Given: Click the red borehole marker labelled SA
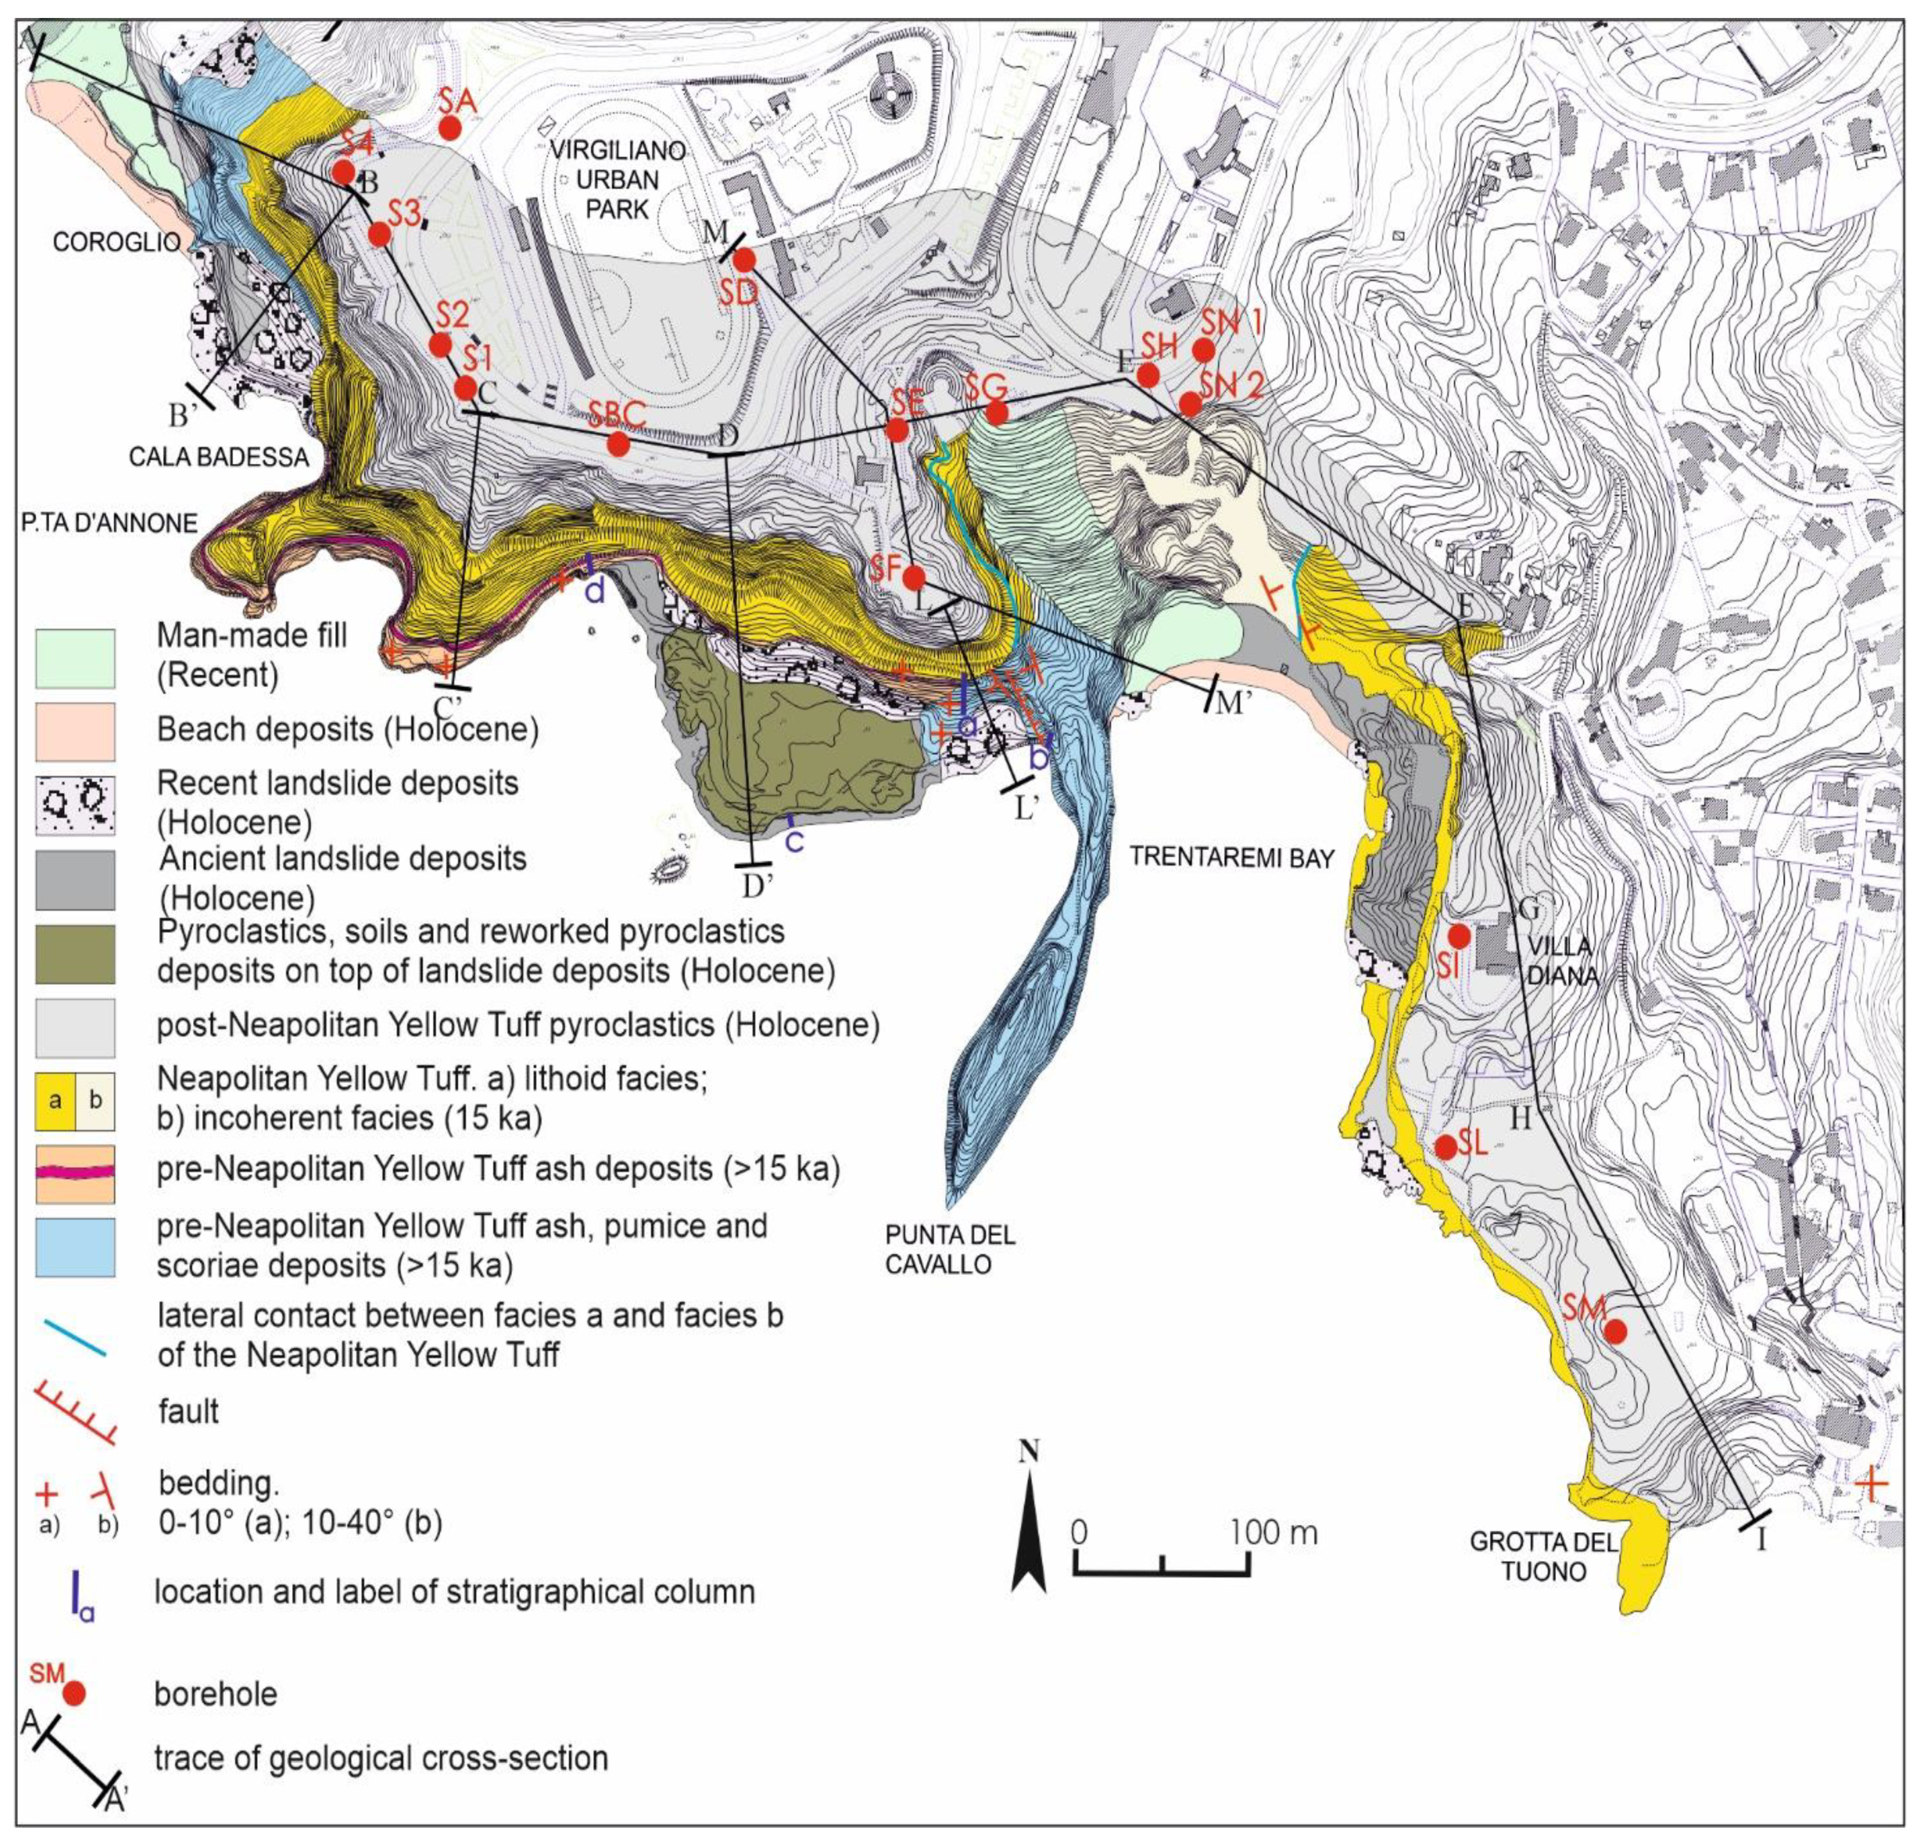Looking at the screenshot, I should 450,128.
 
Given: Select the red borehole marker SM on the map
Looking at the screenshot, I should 1614,1331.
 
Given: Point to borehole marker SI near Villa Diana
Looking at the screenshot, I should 1458,935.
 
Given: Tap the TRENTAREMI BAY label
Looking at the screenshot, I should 1232,857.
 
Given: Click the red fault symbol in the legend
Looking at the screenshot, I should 76,1411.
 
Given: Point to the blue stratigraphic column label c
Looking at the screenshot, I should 795,840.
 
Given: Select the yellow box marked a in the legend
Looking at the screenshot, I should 55,1100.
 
